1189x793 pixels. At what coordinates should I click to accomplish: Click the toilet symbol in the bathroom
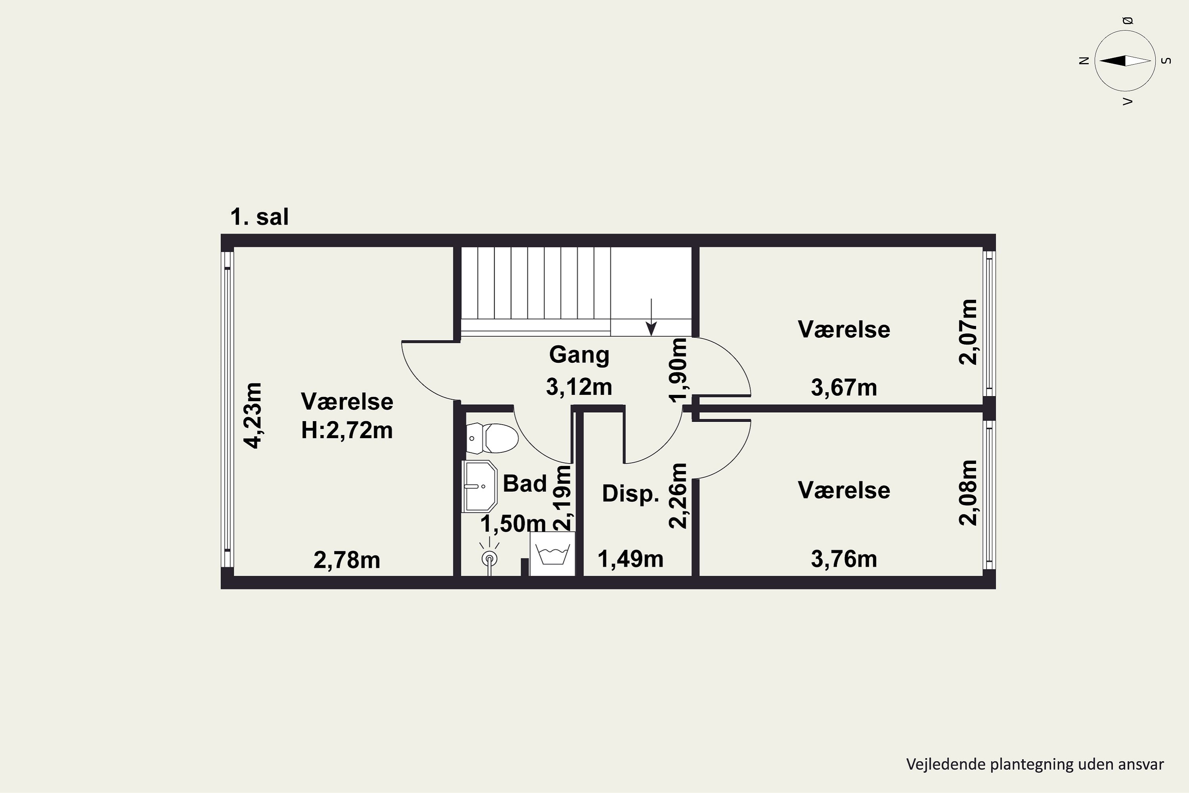(x=492, y=438)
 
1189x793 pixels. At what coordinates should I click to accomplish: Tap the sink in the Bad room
(x=479, y=487)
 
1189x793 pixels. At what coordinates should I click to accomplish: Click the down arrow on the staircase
(x=652, y=317)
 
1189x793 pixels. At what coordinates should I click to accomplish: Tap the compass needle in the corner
(x=1125, y=61)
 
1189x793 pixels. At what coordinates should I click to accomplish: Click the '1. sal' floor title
(x=259, y=216)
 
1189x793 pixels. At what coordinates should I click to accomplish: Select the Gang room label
(x=579, y=355)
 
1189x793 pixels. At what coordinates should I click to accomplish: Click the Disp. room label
(x=631, y=493)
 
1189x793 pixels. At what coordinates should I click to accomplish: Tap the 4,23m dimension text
(x=253, y=415)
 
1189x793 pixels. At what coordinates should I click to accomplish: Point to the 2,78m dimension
(x=347, y=560)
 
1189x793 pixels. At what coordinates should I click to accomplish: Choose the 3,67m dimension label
(x=844, y=388)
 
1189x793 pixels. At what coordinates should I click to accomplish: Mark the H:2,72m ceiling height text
(x=347, y=430)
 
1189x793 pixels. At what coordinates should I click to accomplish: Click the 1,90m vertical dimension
(x=679, y=370)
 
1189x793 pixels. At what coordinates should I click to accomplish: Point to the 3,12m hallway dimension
(x=579, y=387)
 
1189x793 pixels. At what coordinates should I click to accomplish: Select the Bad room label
(x=525, y=483)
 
